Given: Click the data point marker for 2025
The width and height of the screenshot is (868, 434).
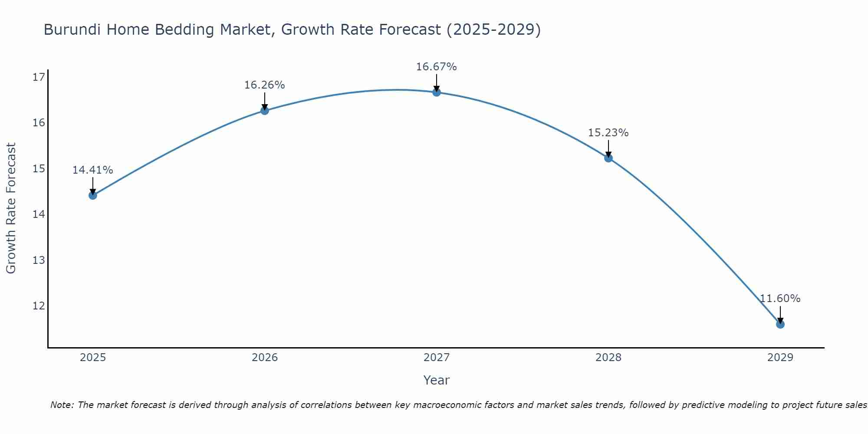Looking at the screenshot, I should coord(93,195).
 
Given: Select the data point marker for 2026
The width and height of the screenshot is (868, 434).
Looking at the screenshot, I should coord(265,111).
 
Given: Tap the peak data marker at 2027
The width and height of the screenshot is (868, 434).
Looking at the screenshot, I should coord(437,92).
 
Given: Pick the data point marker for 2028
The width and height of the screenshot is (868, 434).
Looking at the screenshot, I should coord(608,158).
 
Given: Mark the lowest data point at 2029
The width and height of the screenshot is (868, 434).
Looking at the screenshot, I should coord(780,324).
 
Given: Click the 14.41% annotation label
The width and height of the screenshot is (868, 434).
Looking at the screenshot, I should coord(92,170).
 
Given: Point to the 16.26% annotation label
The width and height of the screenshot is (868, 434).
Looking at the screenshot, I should coord(264,85).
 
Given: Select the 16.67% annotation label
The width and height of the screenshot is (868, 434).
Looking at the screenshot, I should coord(436,67).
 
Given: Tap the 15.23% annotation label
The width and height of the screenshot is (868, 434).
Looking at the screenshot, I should coord(608,133).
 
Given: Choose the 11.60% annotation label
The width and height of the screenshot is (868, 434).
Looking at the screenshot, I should coord(780,299).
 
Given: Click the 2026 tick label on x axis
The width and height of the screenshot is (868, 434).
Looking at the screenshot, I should coord(265,358).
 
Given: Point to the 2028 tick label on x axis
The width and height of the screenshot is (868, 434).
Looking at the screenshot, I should coord(608,358).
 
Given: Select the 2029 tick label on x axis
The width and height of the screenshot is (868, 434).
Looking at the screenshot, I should coord(780,358).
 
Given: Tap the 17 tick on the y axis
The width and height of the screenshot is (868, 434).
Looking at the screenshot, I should coord(39,77).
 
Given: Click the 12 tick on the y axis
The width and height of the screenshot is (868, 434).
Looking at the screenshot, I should coord(39,306).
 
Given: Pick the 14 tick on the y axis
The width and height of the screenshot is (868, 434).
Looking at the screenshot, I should coord(39,214).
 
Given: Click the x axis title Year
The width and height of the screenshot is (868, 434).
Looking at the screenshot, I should coord(436,380).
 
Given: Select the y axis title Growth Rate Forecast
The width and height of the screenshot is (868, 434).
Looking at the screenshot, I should coord(11,208).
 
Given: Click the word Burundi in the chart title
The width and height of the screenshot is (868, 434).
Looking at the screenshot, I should coord(74,30).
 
